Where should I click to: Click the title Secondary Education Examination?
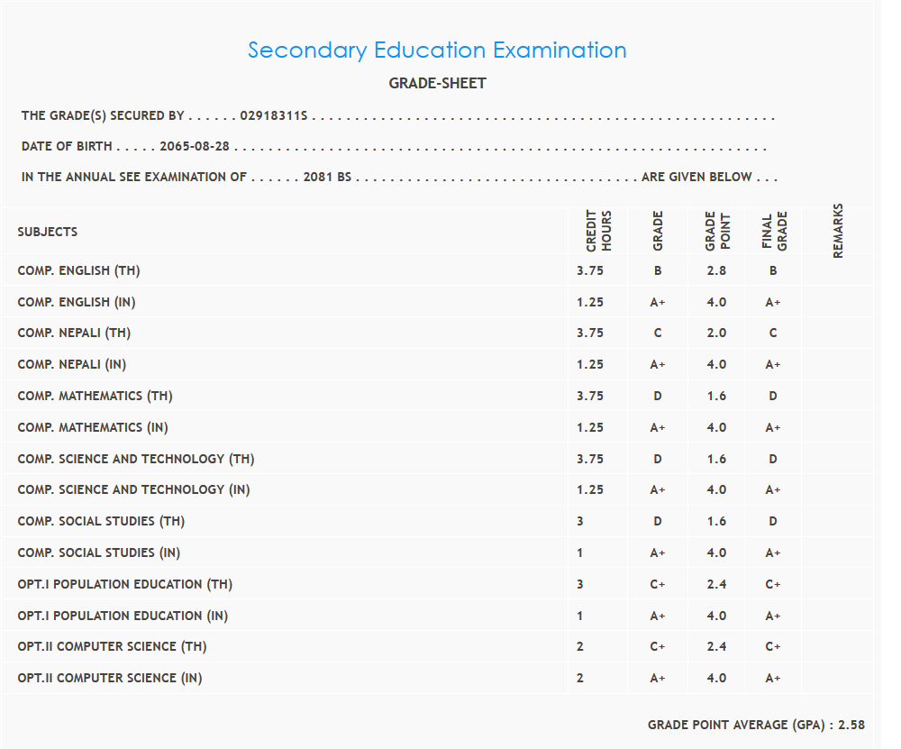(x=437, y=50)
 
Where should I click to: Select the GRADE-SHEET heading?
(x=437, y=84)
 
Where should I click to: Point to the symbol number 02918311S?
(x=274, y=116)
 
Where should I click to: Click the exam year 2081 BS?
(x=327, y=178)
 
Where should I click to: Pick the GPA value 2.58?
(x=851, y=725)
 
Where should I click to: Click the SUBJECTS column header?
(x=48, y=233)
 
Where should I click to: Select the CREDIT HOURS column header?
(x=599, y=231)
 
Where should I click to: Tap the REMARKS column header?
(x=838, y=231)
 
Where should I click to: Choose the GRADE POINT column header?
(x=717, y=231)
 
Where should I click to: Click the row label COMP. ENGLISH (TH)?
(x=79, y=270)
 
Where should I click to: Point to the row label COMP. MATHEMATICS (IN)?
(x=93, y=427)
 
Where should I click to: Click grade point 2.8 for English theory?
(x=717, y=270)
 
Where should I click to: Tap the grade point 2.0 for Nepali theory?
(x=717, y=333)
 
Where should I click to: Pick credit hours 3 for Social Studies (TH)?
(x=580, y=521)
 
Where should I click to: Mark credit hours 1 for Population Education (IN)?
(x=580, y=616)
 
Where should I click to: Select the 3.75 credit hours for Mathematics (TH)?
(x=590, y=396)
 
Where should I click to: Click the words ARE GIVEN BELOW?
(x=696, y=178)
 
